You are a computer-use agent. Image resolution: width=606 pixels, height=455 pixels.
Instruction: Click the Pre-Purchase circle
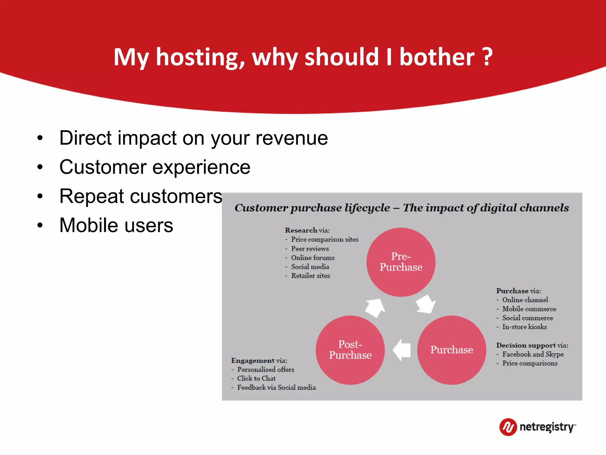tap(401, 262)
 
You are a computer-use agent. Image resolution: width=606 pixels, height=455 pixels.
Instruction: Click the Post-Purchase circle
tap(350, 350)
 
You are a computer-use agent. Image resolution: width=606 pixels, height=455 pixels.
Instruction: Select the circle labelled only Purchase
tap(452, 350)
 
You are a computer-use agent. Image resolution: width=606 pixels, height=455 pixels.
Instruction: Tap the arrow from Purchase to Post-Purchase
tap(402, 350)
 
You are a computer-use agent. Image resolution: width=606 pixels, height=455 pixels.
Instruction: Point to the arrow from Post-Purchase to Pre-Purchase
tap(375, 308)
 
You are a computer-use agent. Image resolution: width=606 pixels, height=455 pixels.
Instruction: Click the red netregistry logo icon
tap(508, 427)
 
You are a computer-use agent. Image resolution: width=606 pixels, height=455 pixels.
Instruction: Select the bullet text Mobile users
tap(116, 225)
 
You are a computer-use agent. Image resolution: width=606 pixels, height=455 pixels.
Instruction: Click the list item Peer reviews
tap(310, 249)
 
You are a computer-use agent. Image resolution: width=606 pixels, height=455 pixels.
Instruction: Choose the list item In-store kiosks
tap(524, 327)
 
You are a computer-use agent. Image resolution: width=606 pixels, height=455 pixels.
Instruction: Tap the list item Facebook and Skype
tap(533, 354)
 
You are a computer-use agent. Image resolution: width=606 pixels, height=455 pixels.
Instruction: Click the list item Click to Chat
tap(256, 379)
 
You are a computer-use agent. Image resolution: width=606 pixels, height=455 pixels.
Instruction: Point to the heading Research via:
tap(307, 230)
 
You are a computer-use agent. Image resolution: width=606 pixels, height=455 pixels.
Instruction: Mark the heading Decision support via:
tap(532, 345)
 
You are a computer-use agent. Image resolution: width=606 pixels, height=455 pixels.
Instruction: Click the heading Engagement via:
tap(259, 361)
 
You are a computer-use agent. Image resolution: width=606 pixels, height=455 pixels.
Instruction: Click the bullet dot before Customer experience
tap(40, 167)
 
